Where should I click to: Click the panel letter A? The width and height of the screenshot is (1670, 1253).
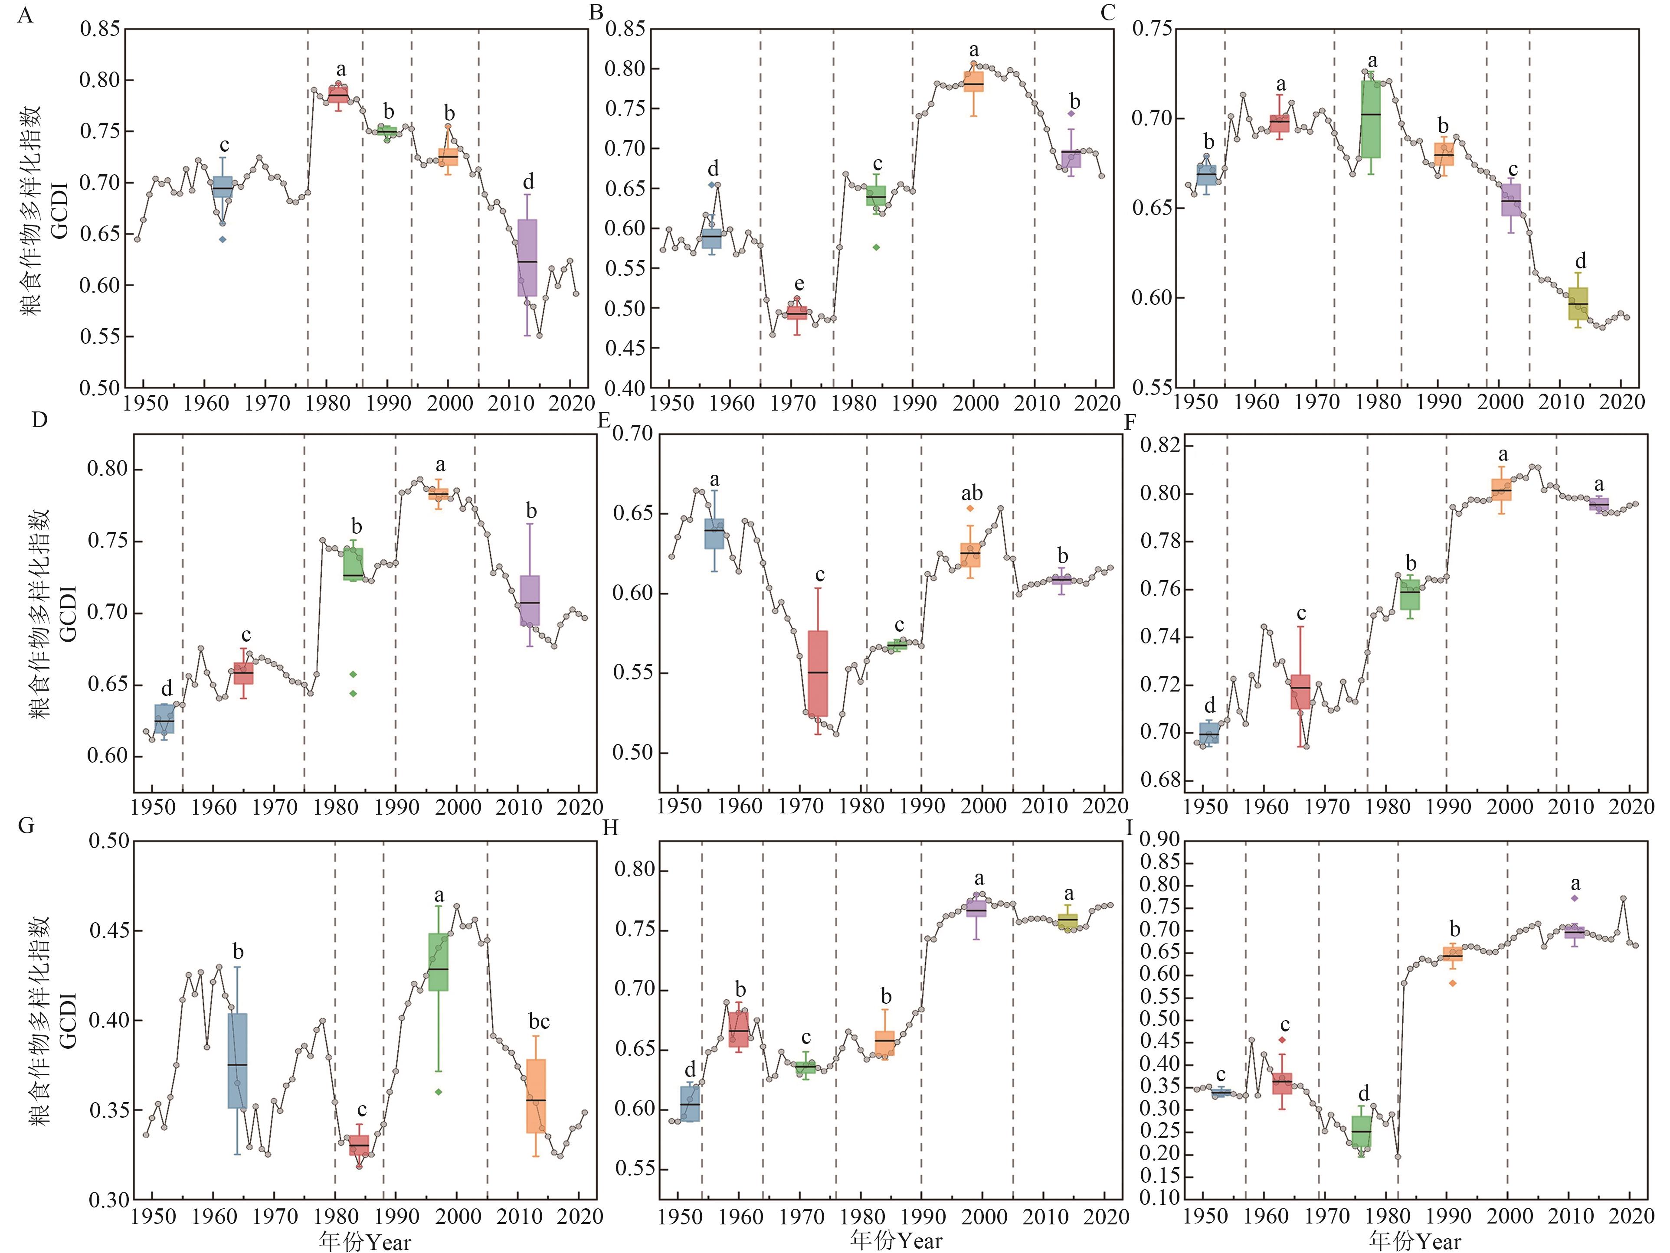[x=25, y=15]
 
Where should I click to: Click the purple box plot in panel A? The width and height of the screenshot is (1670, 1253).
[x=527, y=258]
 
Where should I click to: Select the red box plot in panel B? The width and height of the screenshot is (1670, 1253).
[x=796, y=313]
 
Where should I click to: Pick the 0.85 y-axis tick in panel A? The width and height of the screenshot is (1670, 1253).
[x=100, y=29]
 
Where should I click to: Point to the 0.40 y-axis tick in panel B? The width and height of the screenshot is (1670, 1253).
[x=625, y=388]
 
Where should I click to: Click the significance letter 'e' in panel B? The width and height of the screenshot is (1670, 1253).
[x=799, y=284]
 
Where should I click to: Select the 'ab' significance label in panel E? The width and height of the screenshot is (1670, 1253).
[x=972, y=493]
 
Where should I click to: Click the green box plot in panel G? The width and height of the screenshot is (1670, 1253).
[x=438, y=962]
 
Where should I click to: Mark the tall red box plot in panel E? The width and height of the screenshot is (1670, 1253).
[x=818, y=673]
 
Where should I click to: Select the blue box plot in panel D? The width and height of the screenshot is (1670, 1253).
[x=164, y=718]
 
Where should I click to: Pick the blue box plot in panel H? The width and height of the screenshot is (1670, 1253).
[x=689, y=1103]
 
